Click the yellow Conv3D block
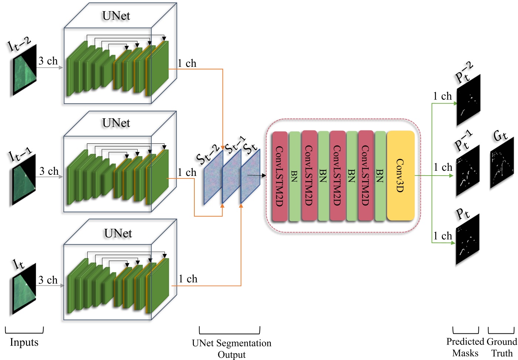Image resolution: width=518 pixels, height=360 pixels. tap(401, 176)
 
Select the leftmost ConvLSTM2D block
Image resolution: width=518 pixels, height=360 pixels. tap(280, 176)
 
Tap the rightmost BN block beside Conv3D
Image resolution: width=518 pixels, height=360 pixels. tap(380, 176)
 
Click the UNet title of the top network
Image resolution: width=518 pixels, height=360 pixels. tap(116, 16)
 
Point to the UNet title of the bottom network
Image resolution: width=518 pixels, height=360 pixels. tap(118, 234)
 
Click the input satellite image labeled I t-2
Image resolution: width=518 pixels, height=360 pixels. tap(25, 70)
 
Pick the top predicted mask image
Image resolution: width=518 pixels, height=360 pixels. tap(468, 101)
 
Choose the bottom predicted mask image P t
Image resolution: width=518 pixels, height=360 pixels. tap(467, 240)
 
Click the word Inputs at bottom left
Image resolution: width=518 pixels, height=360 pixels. tap(24, 342)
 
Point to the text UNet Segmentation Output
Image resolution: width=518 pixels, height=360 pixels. tap(231, 349)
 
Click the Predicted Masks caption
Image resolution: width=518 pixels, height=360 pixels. tap(465, 347)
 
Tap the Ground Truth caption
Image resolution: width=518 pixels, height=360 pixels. tap(502, 347)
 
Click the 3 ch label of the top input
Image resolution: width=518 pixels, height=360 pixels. tap(48, 61)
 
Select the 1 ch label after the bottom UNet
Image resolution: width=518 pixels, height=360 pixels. tap(188, 279)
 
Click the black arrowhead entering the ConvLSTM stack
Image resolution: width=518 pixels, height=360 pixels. tap(263, 176)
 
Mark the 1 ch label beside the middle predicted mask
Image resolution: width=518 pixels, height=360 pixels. tap(443, 167)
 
